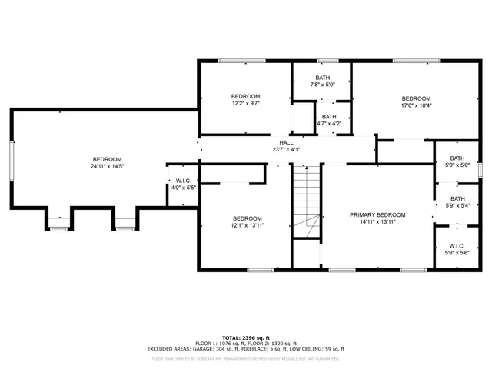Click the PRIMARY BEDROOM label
point(377,215)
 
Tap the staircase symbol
point(306,204)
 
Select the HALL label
point(286,142)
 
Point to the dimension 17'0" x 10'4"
point(416,105)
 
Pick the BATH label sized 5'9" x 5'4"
point(458,199)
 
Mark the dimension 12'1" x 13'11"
point(248,225)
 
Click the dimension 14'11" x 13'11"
point(377,223)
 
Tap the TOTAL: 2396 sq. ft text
point(246,337)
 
